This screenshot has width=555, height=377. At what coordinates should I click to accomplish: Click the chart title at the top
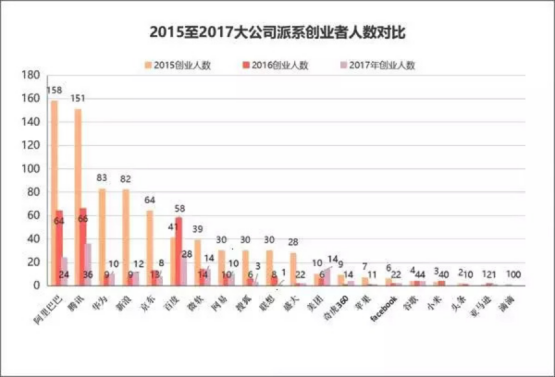pos(277,31)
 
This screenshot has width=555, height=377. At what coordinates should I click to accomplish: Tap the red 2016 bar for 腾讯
pos(85,247)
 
